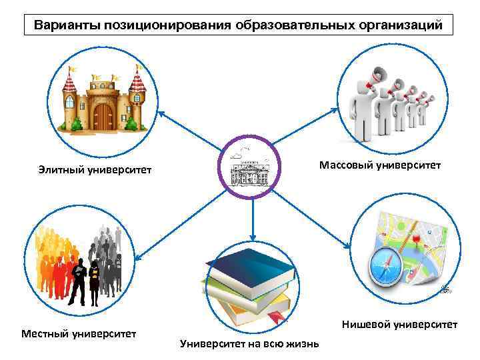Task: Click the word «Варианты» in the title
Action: [x=63, y=25]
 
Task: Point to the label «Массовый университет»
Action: [x=379, y=165]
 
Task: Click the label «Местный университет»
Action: [x=79, y=332]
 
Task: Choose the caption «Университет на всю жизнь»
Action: [x=249, y=344]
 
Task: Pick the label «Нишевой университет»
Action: [x=399, y=325]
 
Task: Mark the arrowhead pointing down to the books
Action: [x=253, y=236]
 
